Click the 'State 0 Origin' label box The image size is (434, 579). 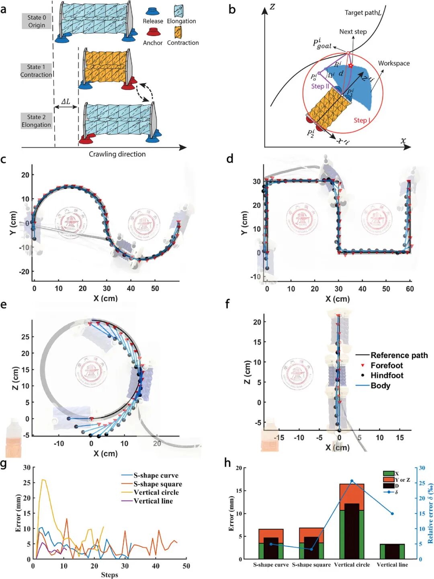pyautogui.click(x=37, y=21)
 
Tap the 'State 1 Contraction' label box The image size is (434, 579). pyautogui.click(x=36, y=71)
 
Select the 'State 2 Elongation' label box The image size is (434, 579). pyautogui.click(x=36, y=121)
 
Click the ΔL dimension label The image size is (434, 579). pyautogui.click(x=66, y=102)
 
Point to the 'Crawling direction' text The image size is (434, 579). pyautogui.click(x=117, y=154)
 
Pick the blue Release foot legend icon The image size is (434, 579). pyautogui.click(x=153, y=11)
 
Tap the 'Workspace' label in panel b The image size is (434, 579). pyautogui.click(x=393, y=63)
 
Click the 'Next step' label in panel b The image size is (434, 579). pyautogui.click(x=353, y=32)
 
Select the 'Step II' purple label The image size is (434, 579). pyautogui.click(x=320, y=86)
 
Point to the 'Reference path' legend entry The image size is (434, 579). pyautogui.click(x=399, y=355)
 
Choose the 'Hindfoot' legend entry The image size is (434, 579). pyautogui.click(x=387, y=375)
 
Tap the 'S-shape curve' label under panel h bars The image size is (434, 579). pyautogui.click(x=271, y=565)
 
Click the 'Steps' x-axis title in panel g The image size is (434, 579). pyautogui.click(x=109, y=575)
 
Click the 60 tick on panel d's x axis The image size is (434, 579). pyautogui.click(x=409, y=289)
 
